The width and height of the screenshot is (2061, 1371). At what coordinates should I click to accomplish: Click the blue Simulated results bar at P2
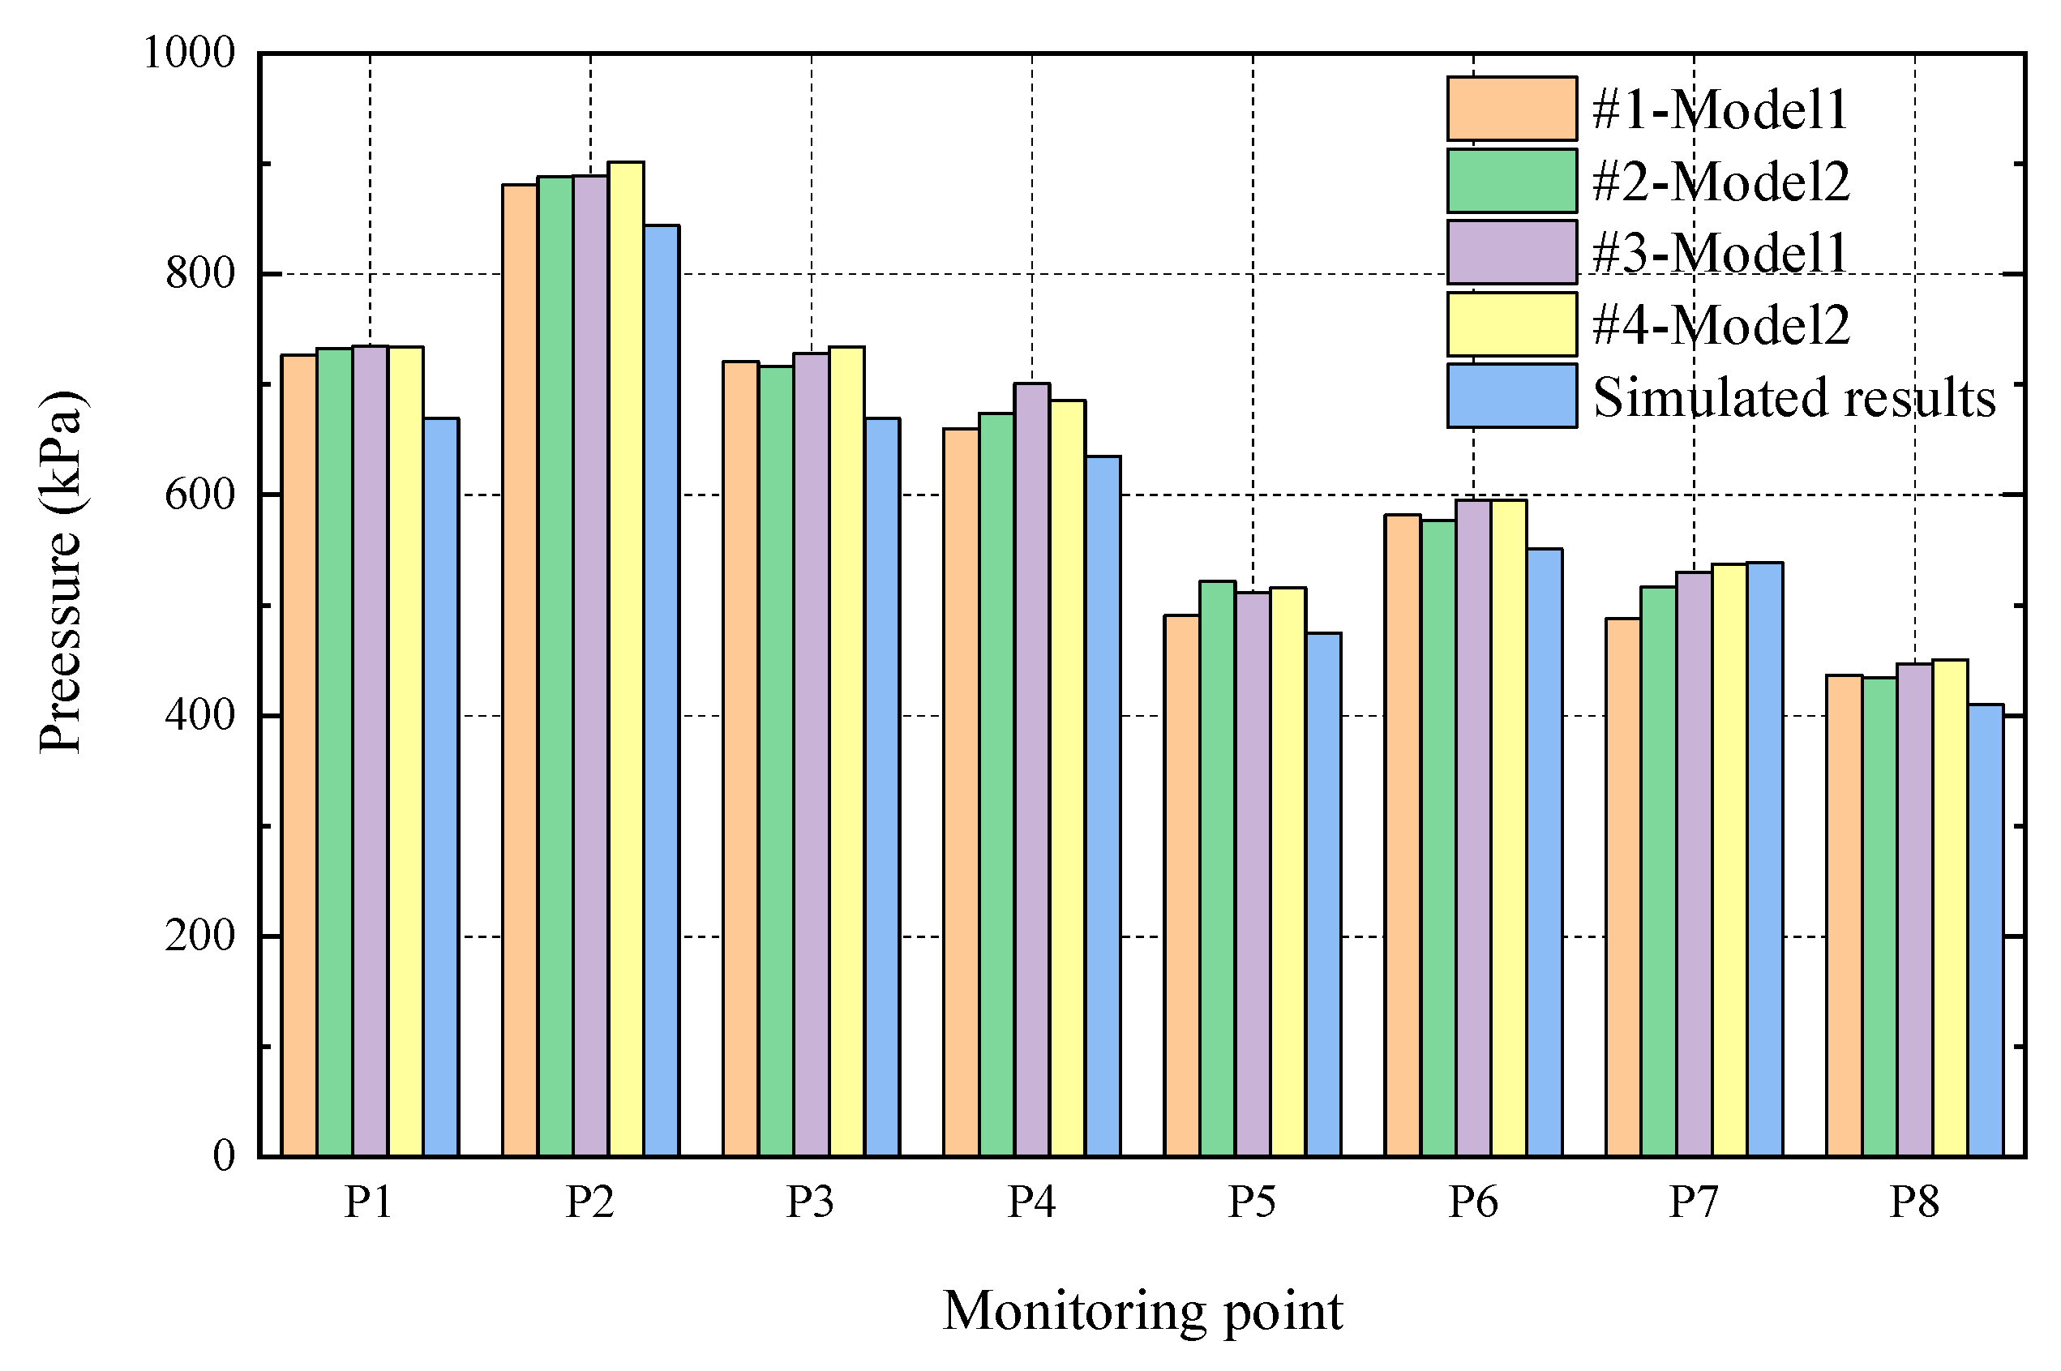coord(661,691)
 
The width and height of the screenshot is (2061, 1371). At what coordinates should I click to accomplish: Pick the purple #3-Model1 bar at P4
coord(1032,769)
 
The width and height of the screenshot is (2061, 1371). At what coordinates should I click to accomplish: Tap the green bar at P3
coord(776,760)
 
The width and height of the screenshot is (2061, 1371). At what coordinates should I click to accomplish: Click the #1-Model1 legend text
coord(1719,110)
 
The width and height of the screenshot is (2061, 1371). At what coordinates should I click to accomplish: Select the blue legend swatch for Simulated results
coord(1512,396)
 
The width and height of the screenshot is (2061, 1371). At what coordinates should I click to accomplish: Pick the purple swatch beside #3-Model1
coord(1512,253)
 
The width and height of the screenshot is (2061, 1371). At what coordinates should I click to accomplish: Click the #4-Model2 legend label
coord(1720,325)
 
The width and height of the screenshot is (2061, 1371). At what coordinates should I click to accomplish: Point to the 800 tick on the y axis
coord(200,275)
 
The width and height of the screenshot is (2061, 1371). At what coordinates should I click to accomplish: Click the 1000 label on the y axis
coord(189,54)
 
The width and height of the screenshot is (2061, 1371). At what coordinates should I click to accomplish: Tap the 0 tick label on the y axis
coord(224,1156)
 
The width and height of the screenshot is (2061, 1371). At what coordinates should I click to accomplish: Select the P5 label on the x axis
coord(1252,1202)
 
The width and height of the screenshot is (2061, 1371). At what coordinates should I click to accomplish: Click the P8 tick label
coord(1914,1202)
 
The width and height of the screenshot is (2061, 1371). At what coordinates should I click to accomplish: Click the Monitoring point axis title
coord(1142,1312)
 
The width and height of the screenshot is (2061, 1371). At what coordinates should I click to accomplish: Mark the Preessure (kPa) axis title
coord(61,572)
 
